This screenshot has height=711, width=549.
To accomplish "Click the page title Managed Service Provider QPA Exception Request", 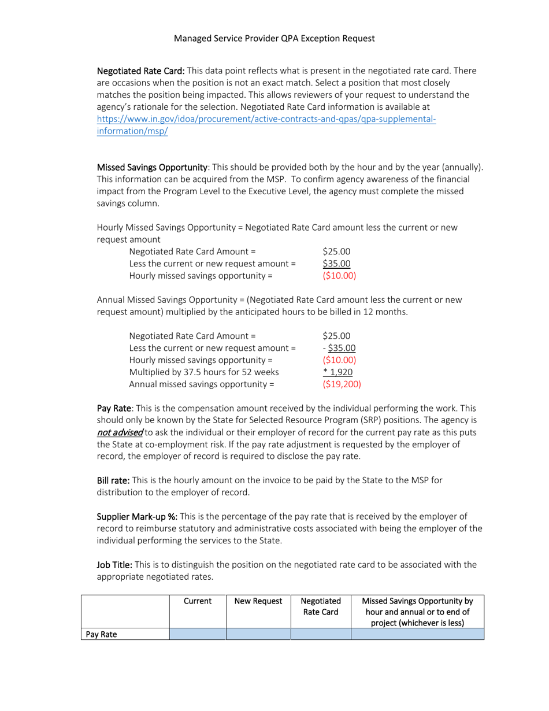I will coord(274,39).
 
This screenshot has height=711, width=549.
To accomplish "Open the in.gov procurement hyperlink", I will coord(266,120).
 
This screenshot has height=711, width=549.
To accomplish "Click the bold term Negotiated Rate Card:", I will coord(140,71).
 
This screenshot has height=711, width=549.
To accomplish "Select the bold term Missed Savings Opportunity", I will coord(152,167).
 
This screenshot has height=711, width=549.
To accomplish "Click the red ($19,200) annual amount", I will coord(342,383).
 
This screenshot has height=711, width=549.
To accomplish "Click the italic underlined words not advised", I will coord(120,432).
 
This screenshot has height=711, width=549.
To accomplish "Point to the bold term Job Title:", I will coord(114,565).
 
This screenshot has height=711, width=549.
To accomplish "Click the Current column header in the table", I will coord(198,601).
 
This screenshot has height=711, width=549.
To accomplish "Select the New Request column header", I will coord(258,601).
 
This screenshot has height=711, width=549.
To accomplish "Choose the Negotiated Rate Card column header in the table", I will coord(321,606).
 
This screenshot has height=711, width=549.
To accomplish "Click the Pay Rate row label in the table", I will coord(102,634).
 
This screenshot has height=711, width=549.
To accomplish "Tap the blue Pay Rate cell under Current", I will coord(198,634).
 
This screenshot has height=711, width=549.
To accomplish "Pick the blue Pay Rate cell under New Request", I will coord(258,634).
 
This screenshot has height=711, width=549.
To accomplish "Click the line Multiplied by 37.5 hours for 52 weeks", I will coord(204,372).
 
